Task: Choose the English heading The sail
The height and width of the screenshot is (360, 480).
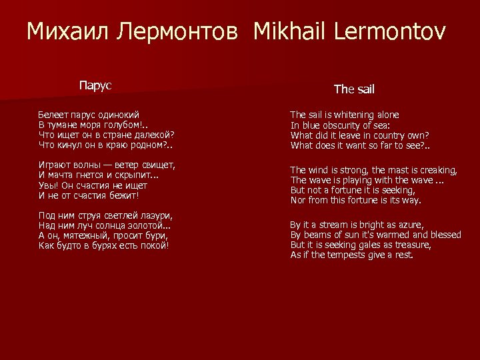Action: pos(353,89)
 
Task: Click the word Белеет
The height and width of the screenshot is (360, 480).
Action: pos(53,115)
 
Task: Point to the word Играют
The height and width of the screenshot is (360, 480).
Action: pos(55,165)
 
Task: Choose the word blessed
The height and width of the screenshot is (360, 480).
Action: pos(443,235)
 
